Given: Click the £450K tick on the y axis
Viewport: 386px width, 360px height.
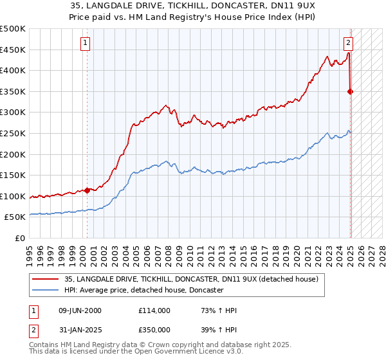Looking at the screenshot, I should [x=13, y=50].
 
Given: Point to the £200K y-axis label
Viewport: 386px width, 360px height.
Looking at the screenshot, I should [x=13, y=154].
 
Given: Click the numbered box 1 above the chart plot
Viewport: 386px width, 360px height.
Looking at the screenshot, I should [x=86, y=44].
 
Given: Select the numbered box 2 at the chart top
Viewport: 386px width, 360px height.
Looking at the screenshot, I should [x=348, y=44].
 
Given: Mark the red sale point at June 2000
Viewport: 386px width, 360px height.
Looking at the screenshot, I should [x=87, y=190].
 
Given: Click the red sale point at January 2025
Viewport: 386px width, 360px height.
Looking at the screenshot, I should [x=351, y=91].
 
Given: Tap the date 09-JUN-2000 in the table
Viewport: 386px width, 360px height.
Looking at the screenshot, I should [x=80, y=311].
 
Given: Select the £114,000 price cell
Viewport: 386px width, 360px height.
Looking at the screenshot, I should [x=154, y=311].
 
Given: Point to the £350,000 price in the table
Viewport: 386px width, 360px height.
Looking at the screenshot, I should [x=154, y=329].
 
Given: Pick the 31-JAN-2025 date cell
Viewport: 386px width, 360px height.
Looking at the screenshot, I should [x=80, y=329].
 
